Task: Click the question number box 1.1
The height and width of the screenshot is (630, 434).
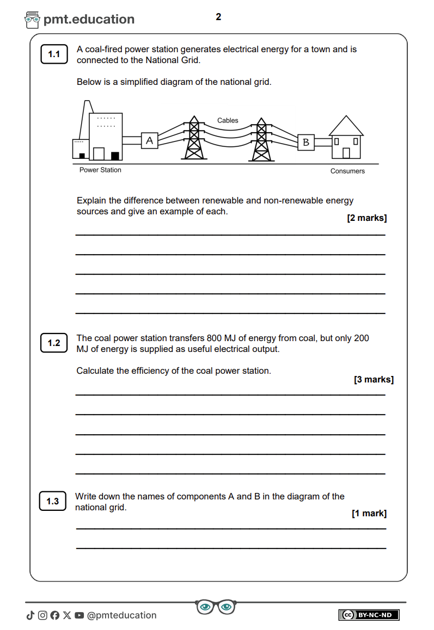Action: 54,54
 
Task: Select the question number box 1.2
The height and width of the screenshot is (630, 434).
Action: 54,343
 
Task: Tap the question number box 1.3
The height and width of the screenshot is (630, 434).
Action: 53,501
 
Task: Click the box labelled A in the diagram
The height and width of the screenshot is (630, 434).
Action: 150,141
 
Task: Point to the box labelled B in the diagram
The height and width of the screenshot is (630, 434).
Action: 306,142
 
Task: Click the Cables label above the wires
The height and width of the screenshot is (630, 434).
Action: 228,121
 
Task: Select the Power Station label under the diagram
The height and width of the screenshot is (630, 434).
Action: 100,170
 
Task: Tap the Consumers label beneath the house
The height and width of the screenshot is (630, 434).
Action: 347,171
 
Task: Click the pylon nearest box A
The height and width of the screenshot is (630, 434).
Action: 193,138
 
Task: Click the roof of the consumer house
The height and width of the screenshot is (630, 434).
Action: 346,126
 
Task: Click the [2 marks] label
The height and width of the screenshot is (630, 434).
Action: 367,218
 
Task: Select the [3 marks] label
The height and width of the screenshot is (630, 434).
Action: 374,380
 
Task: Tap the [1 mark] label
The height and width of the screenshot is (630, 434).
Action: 369,514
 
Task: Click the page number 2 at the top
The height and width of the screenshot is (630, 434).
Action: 218,17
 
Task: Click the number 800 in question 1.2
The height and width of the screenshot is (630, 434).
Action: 215,338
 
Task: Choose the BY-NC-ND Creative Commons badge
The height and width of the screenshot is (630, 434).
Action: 369,615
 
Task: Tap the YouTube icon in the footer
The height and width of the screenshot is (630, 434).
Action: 80,615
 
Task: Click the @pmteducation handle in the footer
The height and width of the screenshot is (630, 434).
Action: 121,615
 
